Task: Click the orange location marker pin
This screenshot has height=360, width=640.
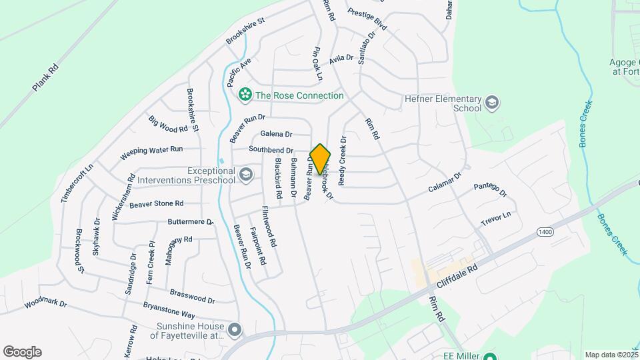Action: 321,159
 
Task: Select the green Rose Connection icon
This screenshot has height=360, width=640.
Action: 245,95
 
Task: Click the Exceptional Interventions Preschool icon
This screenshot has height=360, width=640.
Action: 246,175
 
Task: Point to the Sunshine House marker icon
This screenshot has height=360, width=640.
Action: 234,330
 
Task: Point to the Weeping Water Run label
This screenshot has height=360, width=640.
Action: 151,153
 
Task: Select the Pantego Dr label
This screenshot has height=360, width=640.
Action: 491,190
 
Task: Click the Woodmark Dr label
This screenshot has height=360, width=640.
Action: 46,304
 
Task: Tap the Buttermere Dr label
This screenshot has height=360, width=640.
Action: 190,221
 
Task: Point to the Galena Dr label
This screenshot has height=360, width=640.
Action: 276,134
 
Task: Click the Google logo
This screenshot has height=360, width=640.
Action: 22,352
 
